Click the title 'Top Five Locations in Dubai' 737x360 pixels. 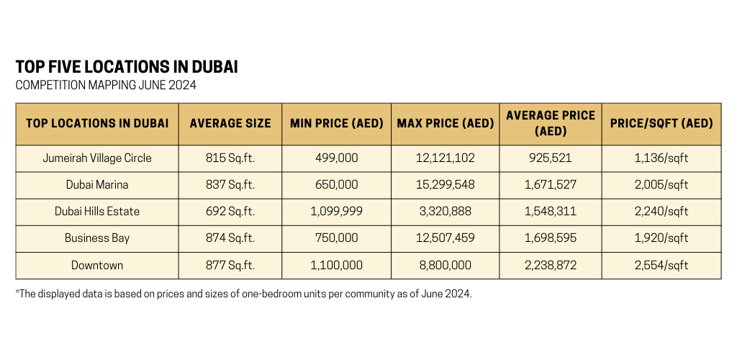[127, 67]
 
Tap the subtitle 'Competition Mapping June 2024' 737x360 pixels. [106, 86]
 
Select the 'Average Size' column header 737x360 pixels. [230, 123]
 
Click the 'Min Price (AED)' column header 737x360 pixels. [337, 123]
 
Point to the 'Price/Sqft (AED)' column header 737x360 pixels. [661, 123]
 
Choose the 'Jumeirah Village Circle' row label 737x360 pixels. [97, 158]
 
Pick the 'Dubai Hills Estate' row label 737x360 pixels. [97, 212]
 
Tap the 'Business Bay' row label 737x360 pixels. [97, 238]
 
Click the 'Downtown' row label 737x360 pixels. [97, 265]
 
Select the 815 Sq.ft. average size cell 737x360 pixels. [230, 158]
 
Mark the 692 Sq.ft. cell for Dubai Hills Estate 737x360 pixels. [230, 212]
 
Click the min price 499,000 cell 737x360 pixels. [337, 158]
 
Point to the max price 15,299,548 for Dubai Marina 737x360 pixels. [446, 184]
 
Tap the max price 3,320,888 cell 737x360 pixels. [446, 212]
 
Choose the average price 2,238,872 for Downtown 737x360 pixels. [551, 265]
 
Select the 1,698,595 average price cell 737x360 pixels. [551, 238]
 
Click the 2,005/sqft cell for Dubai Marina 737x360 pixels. [661, 184]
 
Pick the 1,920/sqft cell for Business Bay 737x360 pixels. [661, 238]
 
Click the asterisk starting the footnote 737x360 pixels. [17, 293]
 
